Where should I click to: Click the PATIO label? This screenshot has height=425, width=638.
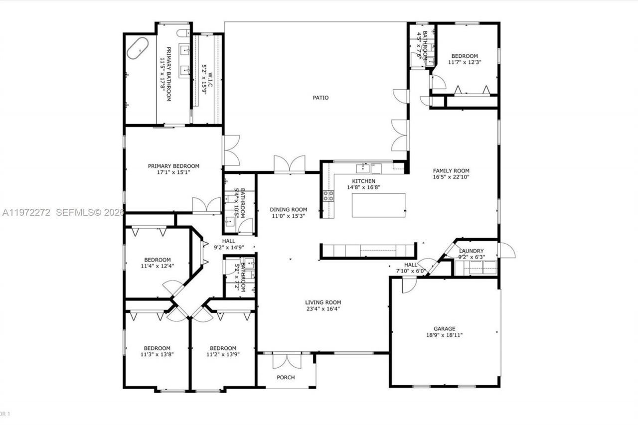tap(320, 98)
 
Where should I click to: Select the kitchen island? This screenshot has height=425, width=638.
tap(378, 205)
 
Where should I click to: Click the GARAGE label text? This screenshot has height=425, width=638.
tap(444, 329)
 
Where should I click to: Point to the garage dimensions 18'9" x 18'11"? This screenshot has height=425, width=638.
tap(444, 335)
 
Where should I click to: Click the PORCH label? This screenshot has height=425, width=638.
tap(286, 377)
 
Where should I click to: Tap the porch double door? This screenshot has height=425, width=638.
tap(287, 361)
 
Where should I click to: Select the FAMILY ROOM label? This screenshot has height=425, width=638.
tap(451, 171)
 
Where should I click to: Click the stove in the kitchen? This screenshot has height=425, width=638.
tap(329, 196)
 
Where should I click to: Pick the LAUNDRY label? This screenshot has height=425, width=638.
tap(471, 251)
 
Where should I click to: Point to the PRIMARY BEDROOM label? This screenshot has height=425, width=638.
tap(173, 166)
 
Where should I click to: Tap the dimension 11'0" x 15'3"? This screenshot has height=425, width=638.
tap(288, 216)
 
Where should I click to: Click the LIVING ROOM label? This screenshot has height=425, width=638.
tap(322, 302)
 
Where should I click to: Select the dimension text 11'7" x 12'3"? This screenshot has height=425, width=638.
tap(465, 62)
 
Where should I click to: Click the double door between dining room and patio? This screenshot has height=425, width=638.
tap(289, 164)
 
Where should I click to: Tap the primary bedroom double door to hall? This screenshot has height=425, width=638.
tap(206, 205)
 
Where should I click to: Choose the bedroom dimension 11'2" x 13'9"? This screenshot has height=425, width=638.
tap(223, 355)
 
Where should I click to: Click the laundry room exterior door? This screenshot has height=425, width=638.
tap(506, 250)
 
